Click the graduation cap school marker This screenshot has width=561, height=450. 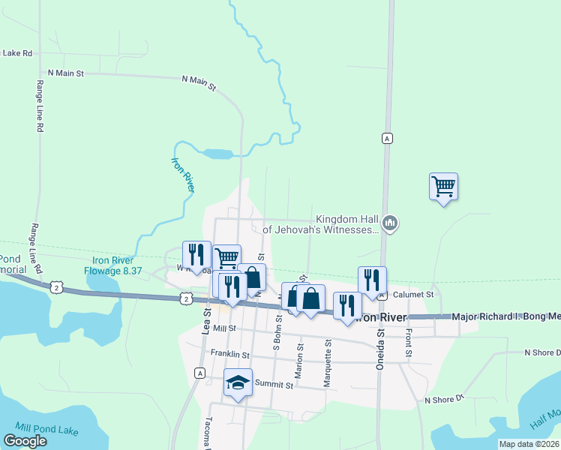point(238,383)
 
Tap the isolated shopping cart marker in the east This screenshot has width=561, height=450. point(443,186)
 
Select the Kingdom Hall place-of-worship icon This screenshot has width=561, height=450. point(390,223)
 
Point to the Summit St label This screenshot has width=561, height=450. point(274,385)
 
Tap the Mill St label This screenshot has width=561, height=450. point(224,328)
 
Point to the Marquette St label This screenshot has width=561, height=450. point(328,364)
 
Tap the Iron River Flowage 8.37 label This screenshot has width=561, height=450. point(108,265)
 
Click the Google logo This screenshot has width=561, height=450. point(25,440)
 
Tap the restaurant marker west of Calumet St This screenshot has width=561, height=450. point(372,280)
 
